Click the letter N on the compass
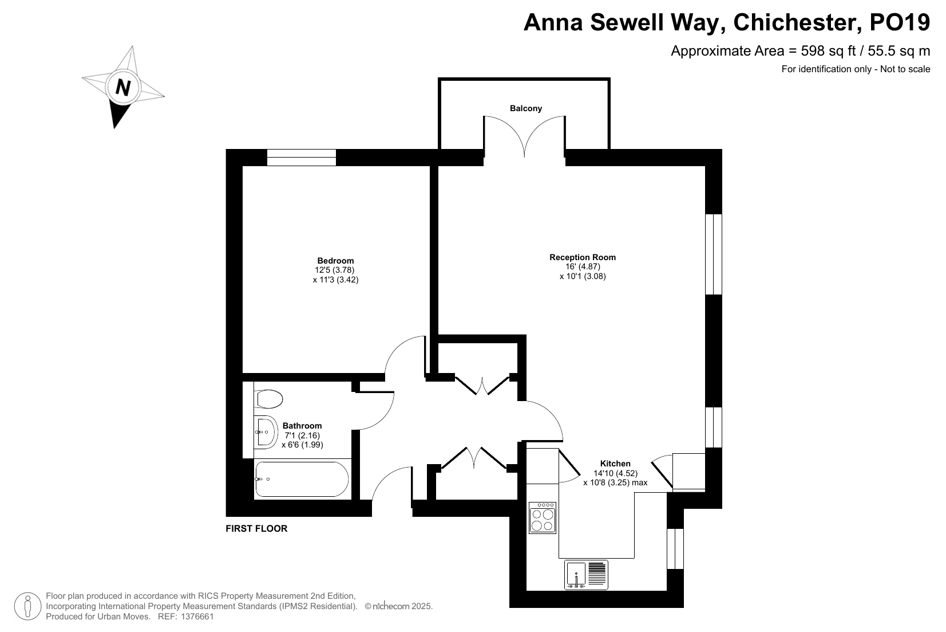(123, 88)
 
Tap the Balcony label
(526, 108)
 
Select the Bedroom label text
(335, 260)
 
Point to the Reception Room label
(583, 257)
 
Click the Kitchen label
(615, 464)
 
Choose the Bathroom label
(302, 426)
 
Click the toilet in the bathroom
(268, 399)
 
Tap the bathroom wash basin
(266, 431)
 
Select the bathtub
(302, 479)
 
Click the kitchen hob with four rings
(543, 518)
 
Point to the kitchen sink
(586, 575)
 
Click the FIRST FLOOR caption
(256, 528)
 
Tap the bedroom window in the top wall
(302, 157)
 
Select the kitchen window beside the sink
(675, 548)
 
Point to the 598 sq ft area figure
(828, 51)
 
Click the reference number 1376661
(197, 617)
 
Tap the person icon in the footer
(28, 606)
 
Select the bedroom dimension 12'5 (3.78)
(334, 270)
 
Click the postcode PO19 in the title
(900, 22)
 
